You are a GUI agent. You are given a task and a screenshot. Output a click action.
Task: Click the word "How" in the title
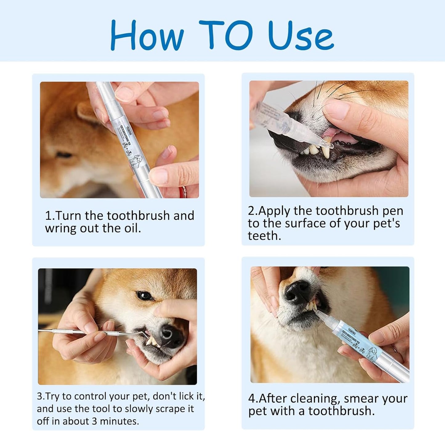pyautogui.click(x=147, y=35)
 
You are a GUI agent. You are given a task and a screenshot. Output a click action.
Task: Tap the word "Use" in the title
pyautogui.click(x=301, y=35)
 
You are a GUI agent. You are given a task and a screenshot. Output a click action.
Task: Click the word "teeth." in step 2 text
pyautogui.click(x=264, y=236)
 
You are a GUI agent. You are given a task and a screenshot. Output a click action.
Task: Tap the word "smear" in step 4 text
pyautogui.click(x=364, y=399)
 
